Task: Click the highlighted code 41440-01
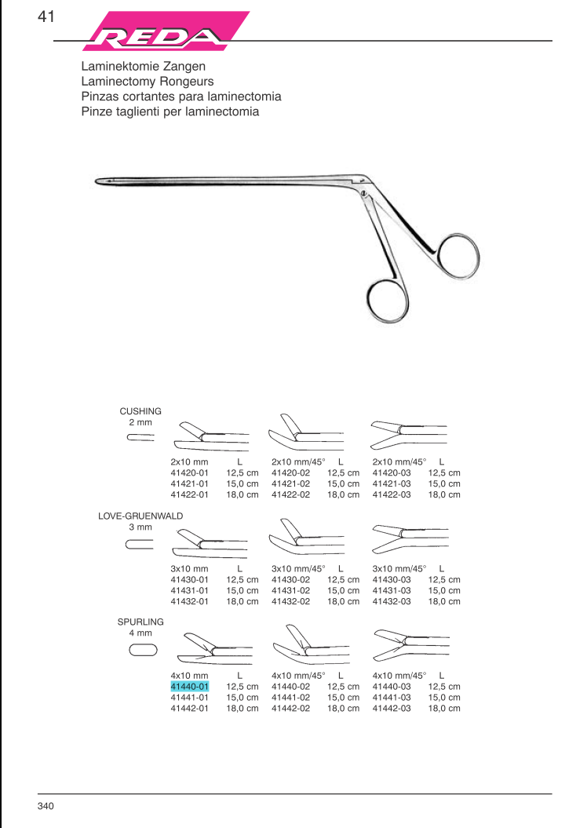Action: tap(189, 687)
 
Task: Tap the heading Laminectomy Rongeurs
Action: tap(148, 82)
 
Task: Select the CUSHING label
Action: tap(140, 410)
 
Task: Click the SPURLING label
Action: tap(140, 622)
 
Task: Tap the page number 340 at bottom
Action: tap(45, 806)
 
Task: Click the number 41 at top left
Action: tap(46, 16)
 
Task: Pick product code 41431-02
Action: tap(290, 590)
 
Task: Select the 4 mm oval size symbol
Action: tap(143, 649)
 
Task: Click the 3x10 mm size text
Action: tap(189, 568)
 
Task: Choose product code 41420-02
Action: tap(290, 473)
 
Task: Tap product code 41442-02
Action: tap(290, 709)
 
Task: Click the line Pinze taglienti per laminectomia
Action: tap(170, 111)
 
